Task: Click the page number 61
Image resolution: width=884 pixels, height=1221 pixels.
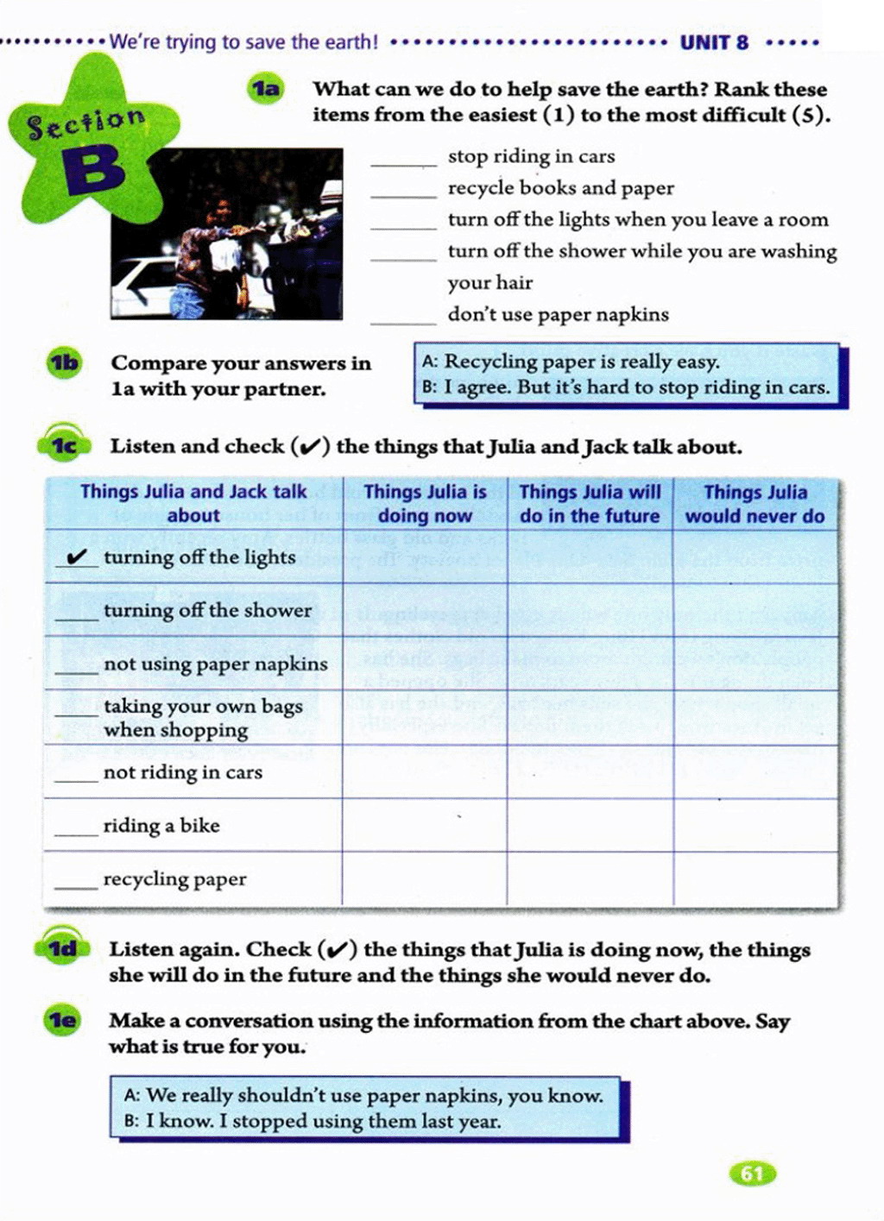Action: pos(752,1174)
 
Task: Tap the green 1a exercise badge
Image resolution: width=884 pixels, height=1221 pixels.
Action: pos(266,89)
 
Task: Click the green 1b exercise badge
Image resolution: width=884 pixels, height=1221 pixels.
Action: pos(64,363)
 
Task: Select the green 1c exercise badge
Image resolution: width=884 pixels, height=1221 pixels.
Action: pos(63,445)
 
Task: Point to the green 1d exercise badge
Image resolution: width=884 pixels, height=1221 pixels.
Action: pos(62,949)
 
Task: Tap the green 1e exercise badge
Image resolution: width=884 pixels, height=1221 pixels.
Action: pos(62,1021)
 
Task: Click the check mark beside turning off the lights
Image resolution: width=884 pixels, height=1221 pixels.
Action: pos(78,557)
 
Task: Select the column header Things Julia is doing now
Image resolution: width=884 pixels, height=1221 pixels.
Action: pos(425,504)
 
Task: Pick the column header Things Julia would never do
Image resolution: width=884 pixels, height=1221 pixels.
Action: pos(755,504)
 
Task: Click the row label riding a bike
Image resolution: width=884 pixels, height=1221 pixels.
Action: pos(161,826)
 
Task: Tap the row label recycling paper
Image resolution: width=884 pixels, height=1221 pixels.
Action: pos(174,879)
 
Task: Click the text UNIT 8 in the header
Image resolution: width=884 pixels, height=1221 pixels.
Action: pos(714,42)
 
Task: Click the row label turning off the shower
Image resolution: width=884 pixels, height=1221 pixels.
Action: pos(207,611)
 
